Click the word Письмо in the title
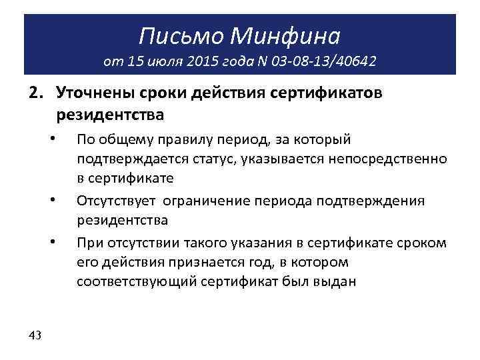(x=178, y=33)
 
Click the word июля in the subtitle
(x=159, y=62)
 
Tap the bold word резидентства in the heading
(x=110, y=115)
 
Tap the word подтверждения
(x=377, y=200)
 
